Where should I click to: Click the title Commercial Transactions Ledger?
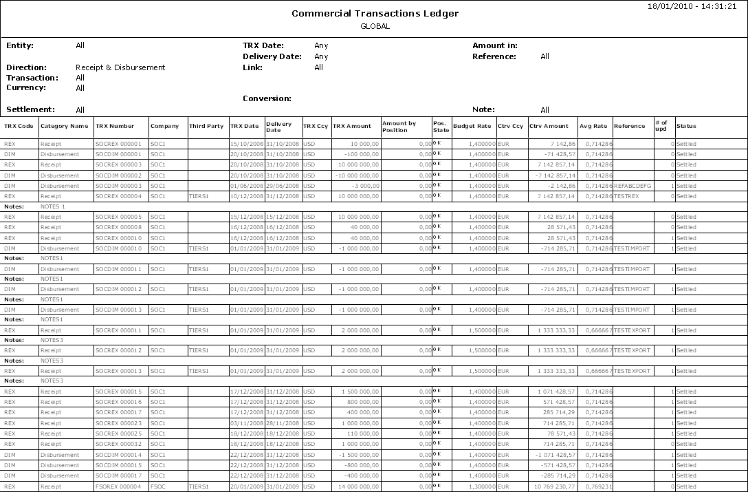[375, 14]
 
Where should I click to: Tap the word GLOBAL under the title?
[375, 27]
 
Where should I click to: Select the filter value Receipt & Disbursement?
[120, 67]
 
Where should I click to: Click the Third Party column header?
[206, 126]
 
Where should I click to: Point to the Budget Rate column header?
[472, 126]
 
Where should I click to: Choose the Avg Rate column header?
[593, 126]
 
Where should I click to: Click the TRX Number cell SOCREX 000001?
[118, 144]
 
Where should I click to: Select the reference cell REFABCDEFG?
[632, 186]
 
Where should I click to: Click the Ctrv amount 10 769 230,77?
[553, 486]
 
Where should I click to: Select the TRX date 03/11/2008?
[245, 423]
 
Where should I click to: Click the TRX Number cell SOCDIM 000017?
[118, 475]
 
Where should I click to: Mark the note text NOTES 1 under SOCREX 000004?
[53, 206]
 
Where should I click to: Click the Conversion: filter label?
[267, 98]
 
